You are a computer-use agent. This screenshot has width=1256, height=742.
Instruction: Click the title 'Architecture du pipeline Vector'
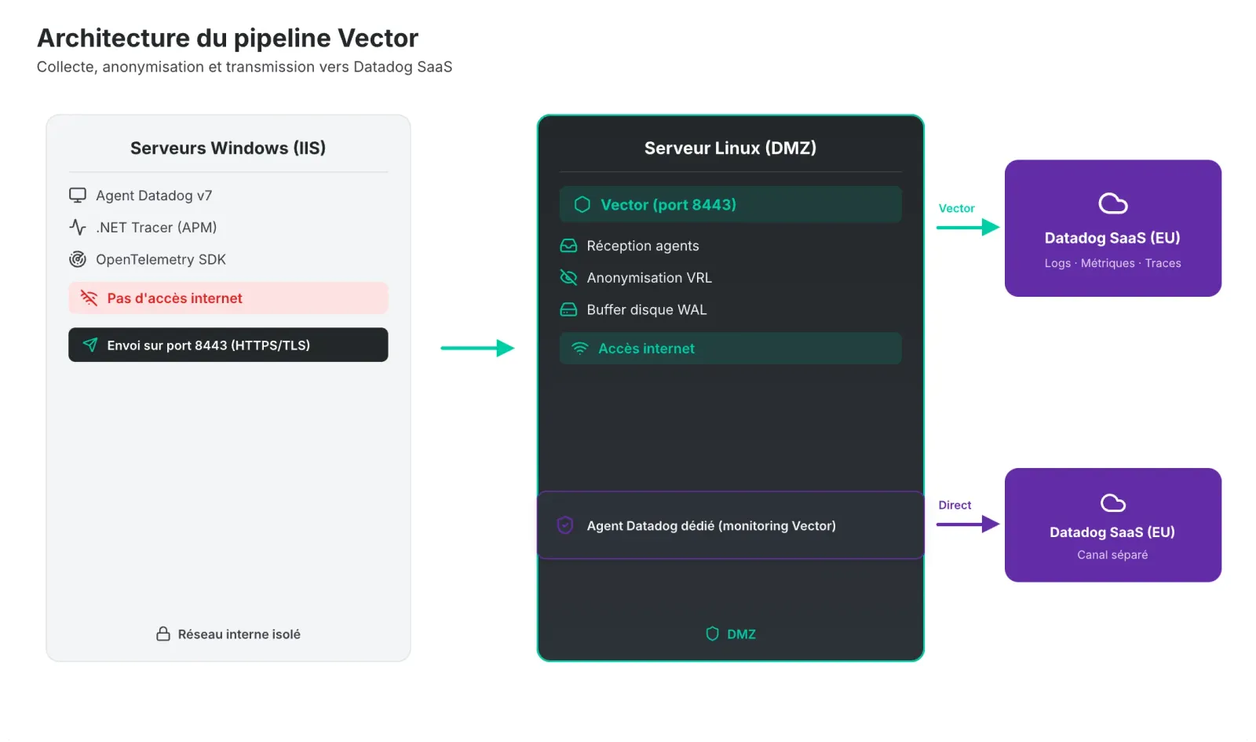228,38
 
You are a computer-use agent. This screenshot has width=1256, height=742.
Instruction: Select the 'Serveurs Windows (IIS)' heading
228,148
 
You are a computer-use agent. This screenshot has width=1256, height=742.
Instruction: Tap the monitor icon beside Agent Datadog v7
78,195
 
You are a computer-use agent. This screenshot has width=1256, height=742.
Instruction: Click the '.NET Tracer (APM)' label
156,227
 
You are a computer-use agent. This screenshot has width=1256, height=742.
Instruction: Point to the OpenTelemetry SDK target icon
78,259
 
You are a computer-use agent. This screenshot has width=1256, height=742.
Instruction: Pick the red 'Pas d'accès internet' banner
228,298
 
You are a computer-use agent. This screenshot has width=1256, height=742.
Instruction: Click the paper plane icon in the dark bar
90,345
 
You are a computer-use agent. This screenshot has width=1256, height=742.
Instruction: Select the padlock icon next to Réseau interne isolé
163,634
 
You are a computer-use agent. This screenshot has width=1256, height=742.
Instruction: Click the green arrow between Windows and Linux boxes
476,348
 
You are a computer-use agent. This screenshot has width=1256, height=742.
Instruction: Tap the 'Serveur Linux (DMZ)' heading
730,148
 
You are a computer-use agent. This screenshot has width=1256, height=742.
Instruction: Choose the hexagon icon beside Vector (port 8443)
582,204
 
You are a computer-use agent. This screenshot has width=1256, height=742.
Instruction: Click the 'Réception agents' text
642,246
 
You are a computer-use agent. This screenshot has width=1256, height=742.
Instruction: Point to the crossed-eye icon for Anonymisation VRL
568,277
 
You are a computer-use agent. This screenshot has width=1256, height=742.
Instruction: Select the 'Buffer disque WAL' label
646,309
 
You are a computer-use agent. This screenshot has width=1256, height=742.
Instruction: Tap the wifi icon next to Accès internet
579,348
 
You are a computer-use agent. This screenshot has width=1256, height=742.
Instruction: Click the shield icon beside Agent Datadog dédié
564,525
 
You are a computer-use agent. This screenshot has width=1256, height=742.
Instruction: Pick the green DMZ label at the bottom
740,634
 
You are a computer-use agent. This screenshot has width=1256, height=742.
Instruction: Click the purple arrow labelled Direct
967,524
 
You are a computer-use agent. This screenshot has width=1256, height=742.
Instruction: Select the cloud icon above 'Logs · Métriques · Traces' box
1112,203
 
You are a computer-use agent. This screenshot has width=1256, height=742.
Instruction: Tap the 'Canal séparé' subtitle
1112,554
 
